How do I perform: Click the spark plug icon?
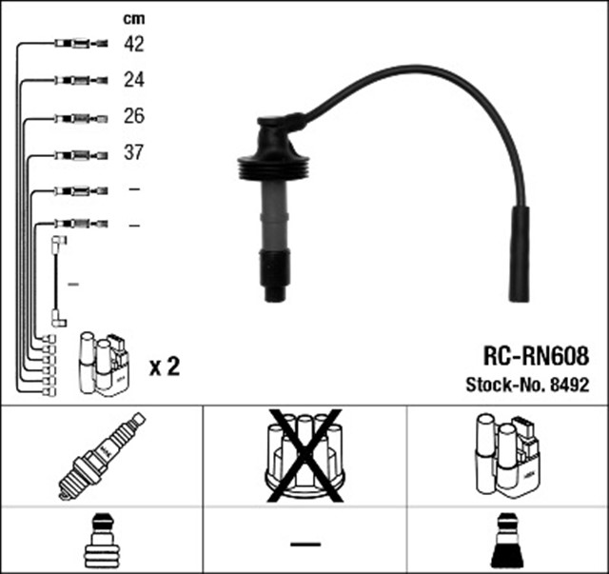coord(101,454)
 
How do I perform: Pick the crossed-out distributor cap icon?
coord(304,455)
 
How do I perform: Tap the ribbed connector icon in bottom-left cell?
coord(101,543)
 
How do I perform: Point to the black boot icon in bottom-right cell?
coord(507,542)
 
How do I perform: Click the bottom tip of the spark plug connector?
coord(275,291)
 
